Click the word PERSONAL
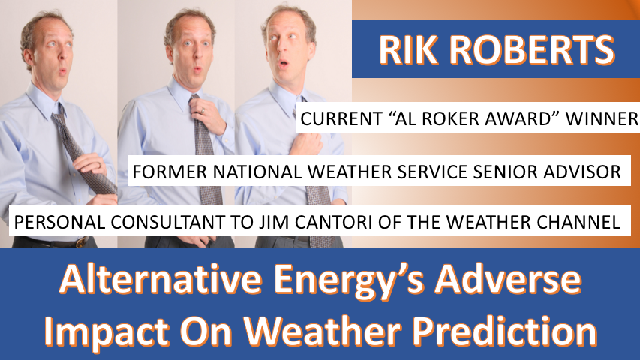pos(59,222)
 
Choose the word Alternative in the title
pos(161,280)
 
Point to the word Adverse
pos(508,280)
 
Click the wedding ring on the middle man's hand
pos(202,110)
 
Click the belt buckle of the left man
pos(81,242)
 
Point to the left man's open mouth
pos(63,72)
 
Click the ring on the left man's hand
pos(99,165)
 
